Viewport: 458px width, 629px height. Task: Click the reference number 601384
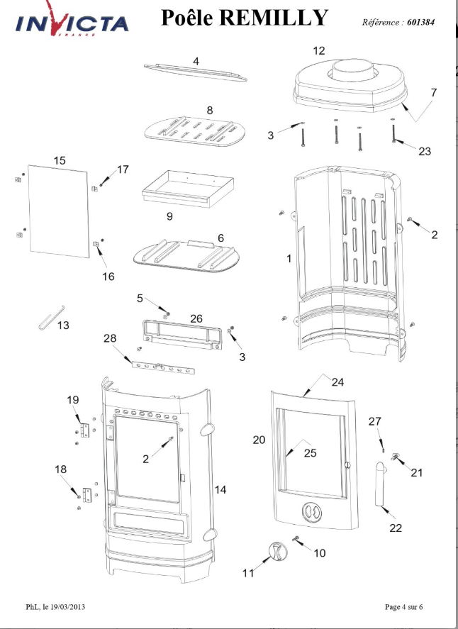(420, 23)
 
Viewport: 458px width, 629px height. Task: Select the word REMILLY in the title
(274, 18)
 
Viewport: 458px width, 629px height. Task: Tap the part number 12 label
(319, 51)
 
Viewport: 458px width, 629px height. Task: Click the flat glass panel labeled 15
(59, 211)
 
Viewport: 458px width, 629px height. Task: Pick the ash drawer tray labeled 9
(188, 189)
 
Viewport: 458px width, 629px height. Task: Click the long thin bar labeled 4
(195, 72)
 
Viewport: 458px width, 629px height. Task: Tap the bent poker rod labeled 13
(52, 318)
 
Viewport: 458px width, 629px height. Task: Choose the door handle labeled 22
(381, 484)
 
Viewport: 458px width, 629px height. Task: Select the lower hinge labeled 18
(87, 494)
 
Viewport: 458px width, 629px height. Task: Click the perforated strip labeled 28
(163, 367)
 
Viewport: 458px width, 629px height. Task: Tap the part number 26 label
(196, 318)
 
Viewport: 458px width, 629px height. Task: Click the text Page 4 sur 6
(403, 606)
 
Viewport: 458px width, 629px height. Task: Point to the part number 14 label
(220, 490)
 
